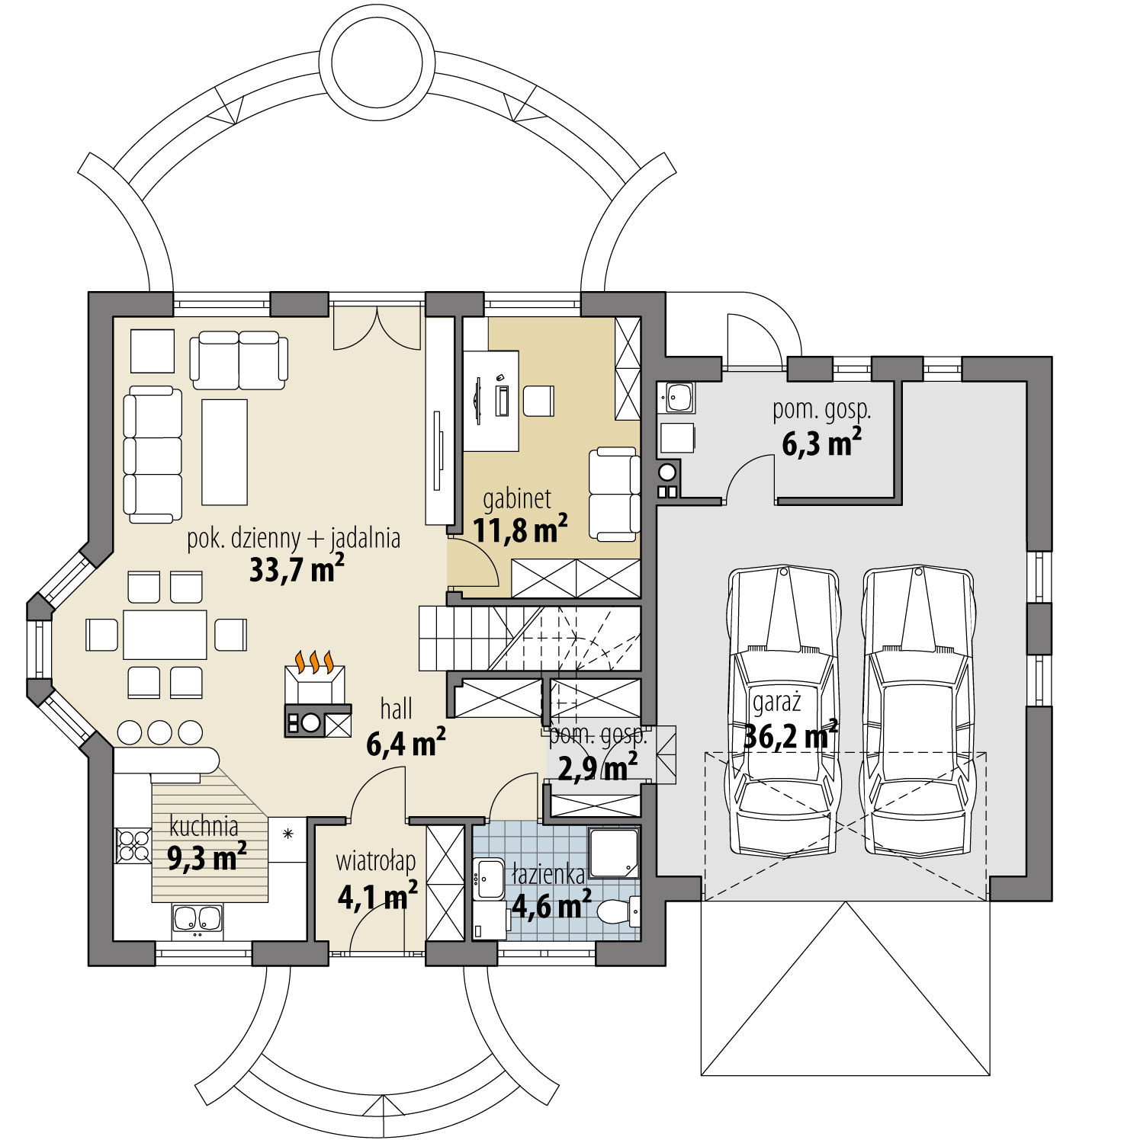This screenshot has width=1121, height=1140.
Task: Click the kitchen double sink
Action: pos(198,918)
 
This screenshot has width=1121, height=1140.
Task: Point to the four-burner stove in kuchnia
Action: pos(132,845)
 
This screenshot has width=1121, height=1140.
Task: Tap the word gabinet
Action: pos(517,499)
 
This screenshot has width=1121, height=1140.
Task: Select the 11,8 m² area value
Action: pos(521,529)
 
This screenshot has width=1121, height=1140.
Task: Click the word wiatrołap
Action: pos(376,862)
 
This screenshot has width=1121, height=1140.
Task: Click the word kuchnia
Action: pos(204,826)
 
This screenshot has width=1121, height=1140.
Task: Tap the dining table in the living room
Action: pos(165,634)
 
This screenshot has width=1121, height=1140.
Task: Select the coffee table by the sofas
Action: pos(225,452)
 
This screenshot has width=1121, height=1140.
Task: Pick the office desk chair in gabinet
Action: pos(538,401)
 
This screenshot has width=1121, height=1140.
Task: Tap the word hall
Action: pos(397,709)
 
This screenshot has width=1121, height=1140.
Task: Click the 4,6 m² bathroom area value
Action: pos(551,906)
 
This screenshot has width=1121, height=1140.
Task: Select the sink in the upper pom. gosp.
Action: pos(678,397)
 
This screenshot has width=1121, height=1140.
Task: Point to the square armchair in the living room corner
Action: pos(153,351)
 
